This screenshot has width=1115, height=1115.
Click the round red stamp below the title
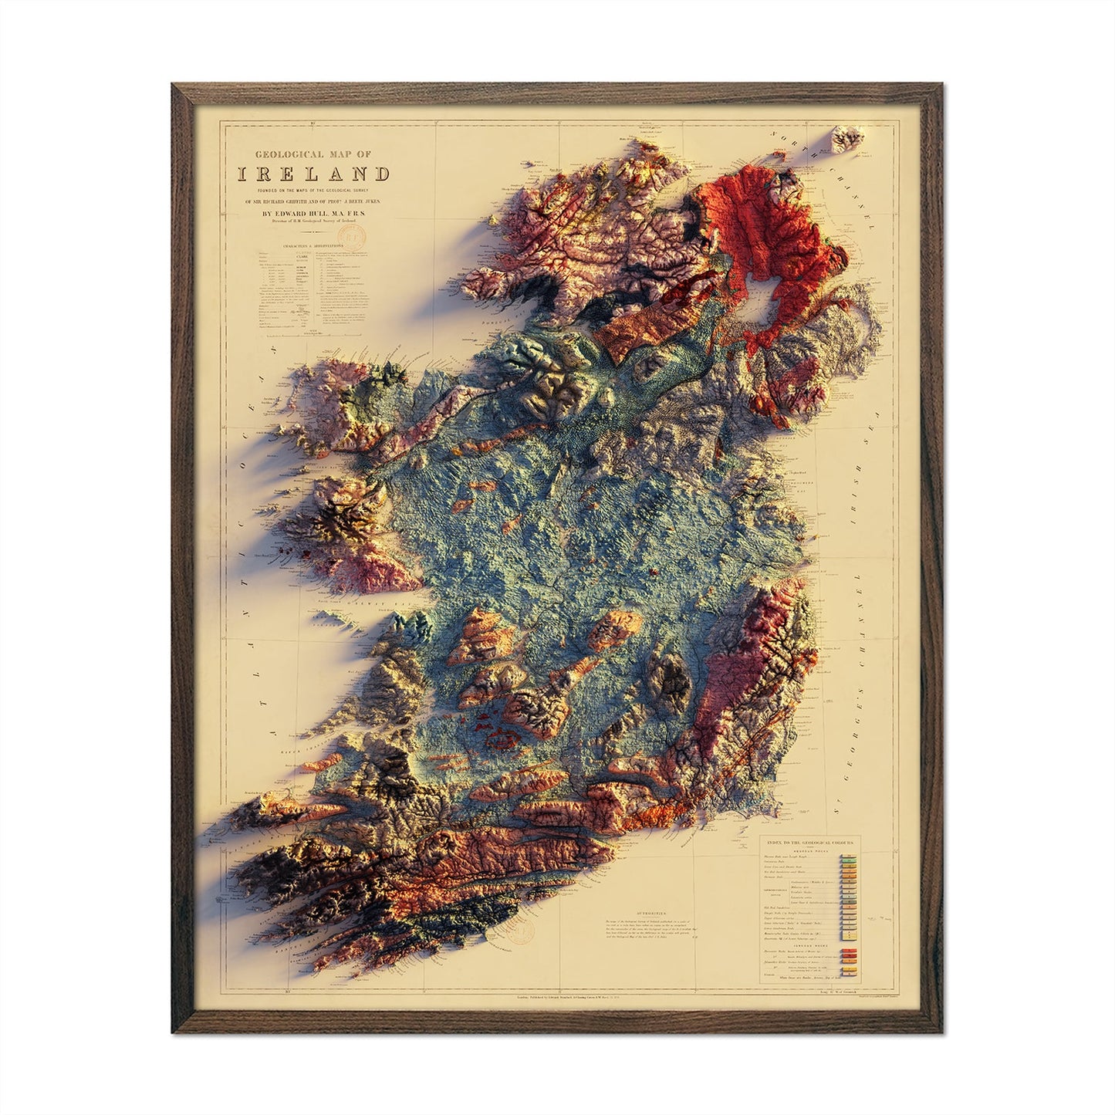(x=353, y=231)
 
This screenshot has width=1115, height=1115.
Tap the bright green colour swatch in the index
(x=848, y=857)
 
